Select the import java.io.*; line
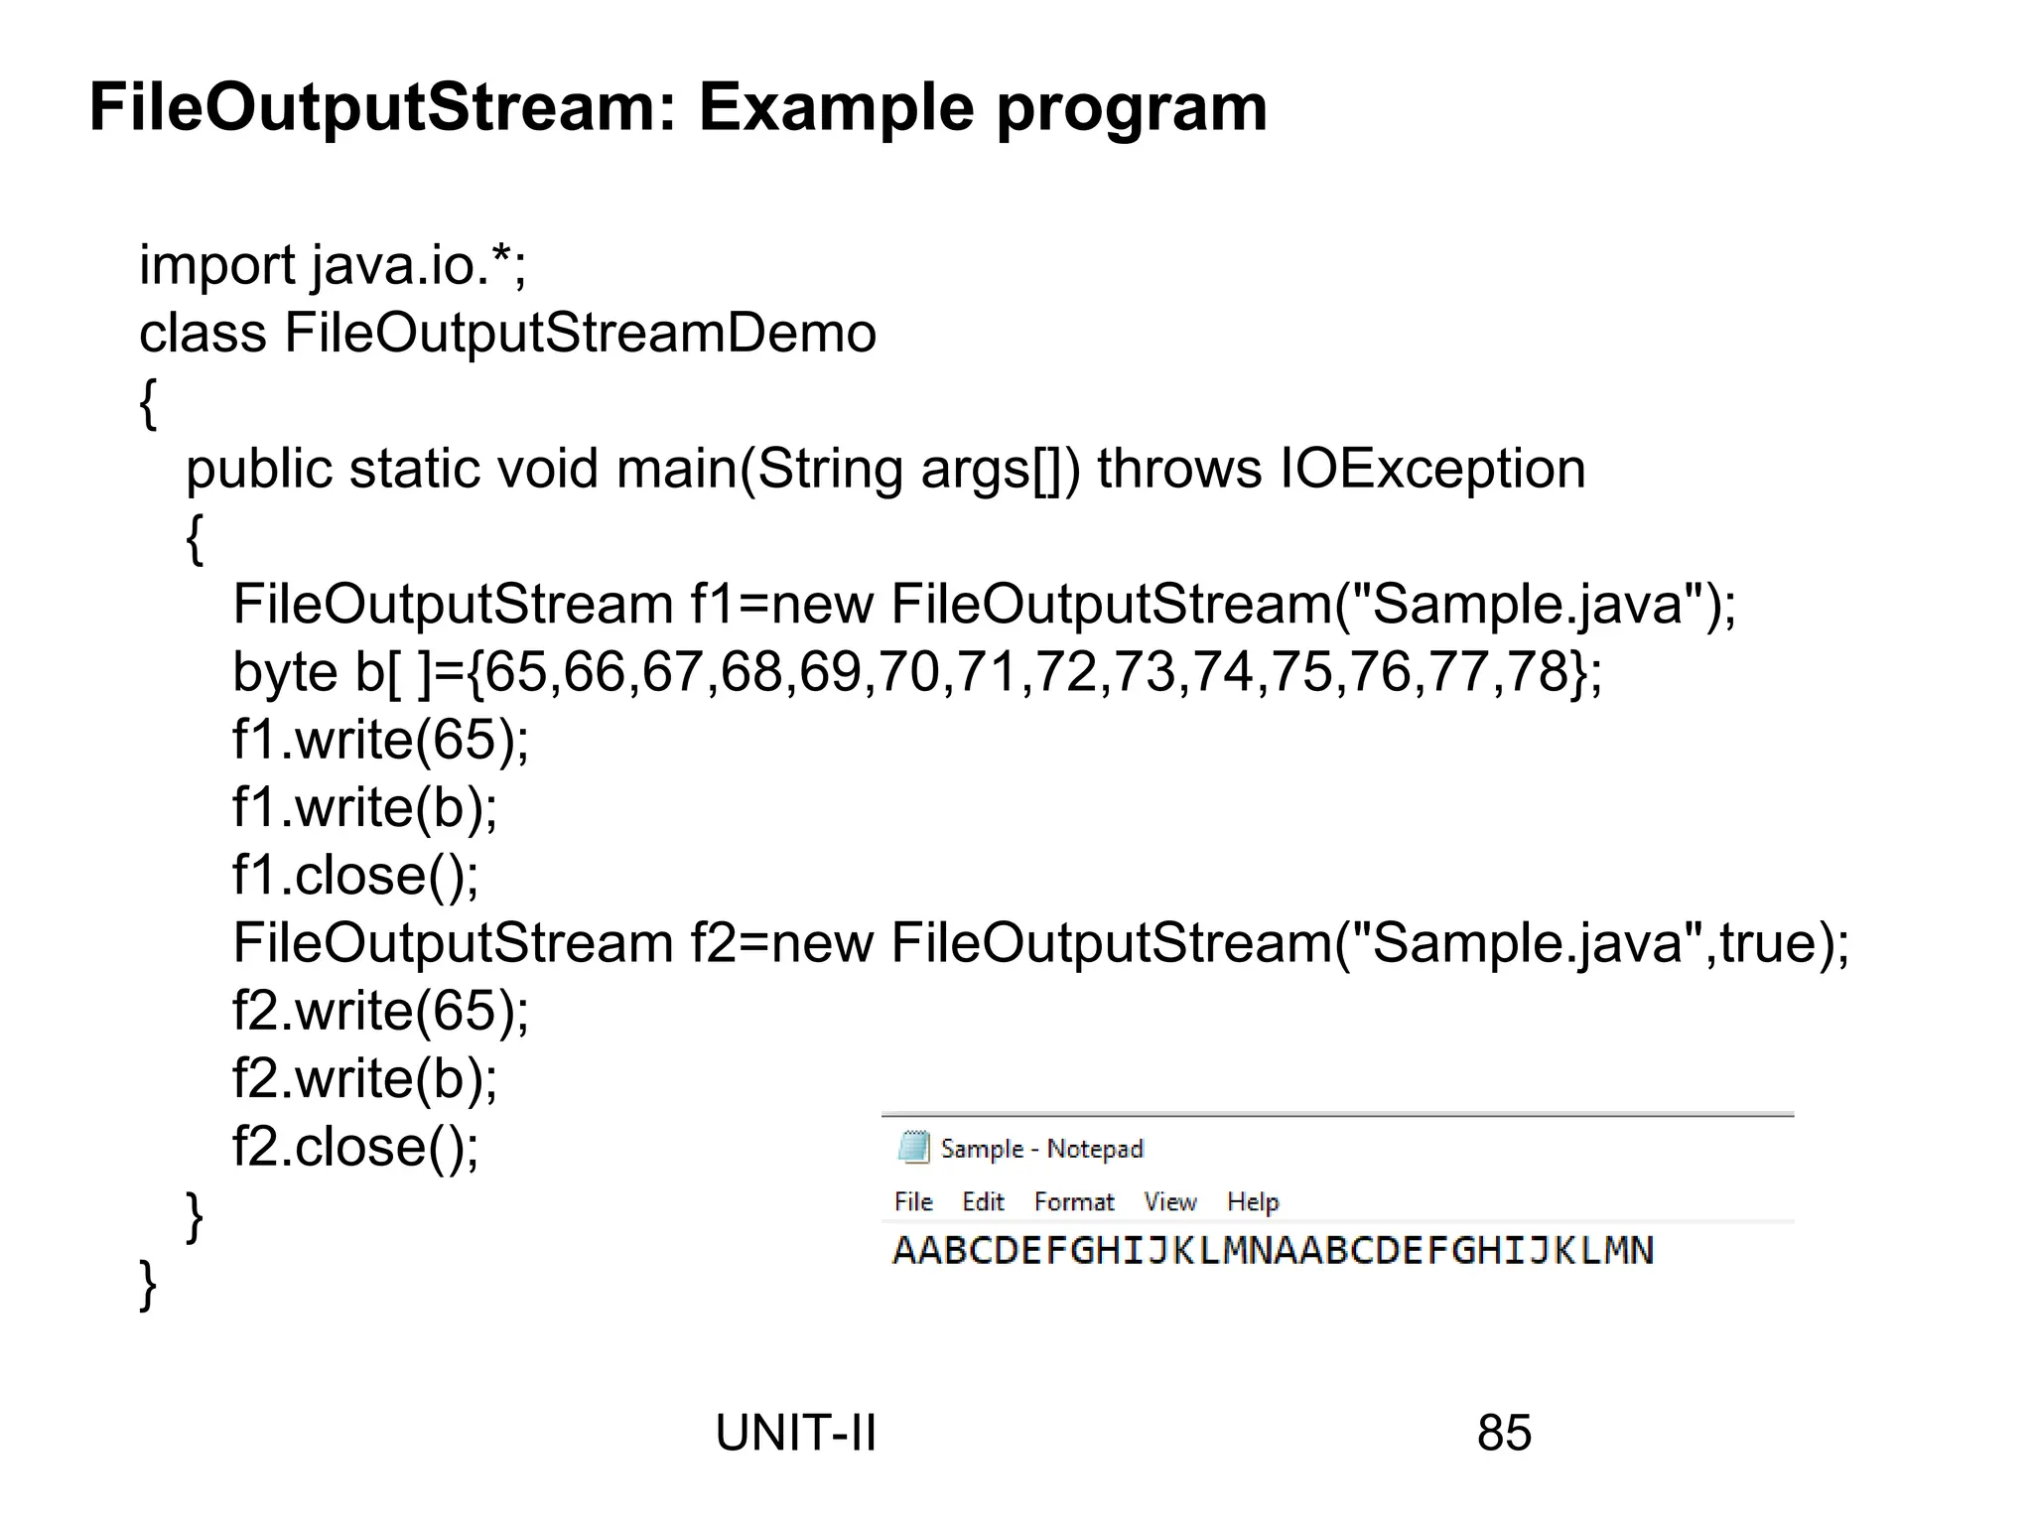coord(333,266)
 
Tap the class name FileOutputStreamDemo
coord(580,334)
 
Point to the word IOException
coord(1432,469)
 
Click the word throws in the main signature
coord(1179,469)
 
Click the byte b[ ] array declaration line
coord(916,672)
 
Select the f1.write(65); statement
coord(380,740)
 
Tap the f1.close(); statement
coord(355,876)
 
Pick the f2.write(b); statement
coord(364,1079)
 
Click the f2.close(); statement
coord(355,1147)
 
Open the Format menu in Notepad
coord(1074,1202)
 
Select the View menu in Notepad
coord(1169,1202)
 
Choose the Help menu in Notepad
coord(1253,1202)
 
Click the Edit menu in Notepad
coord(983,1202)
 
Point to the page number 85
coord(1504,1434)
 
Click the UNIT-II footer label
coord(795,1434)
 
